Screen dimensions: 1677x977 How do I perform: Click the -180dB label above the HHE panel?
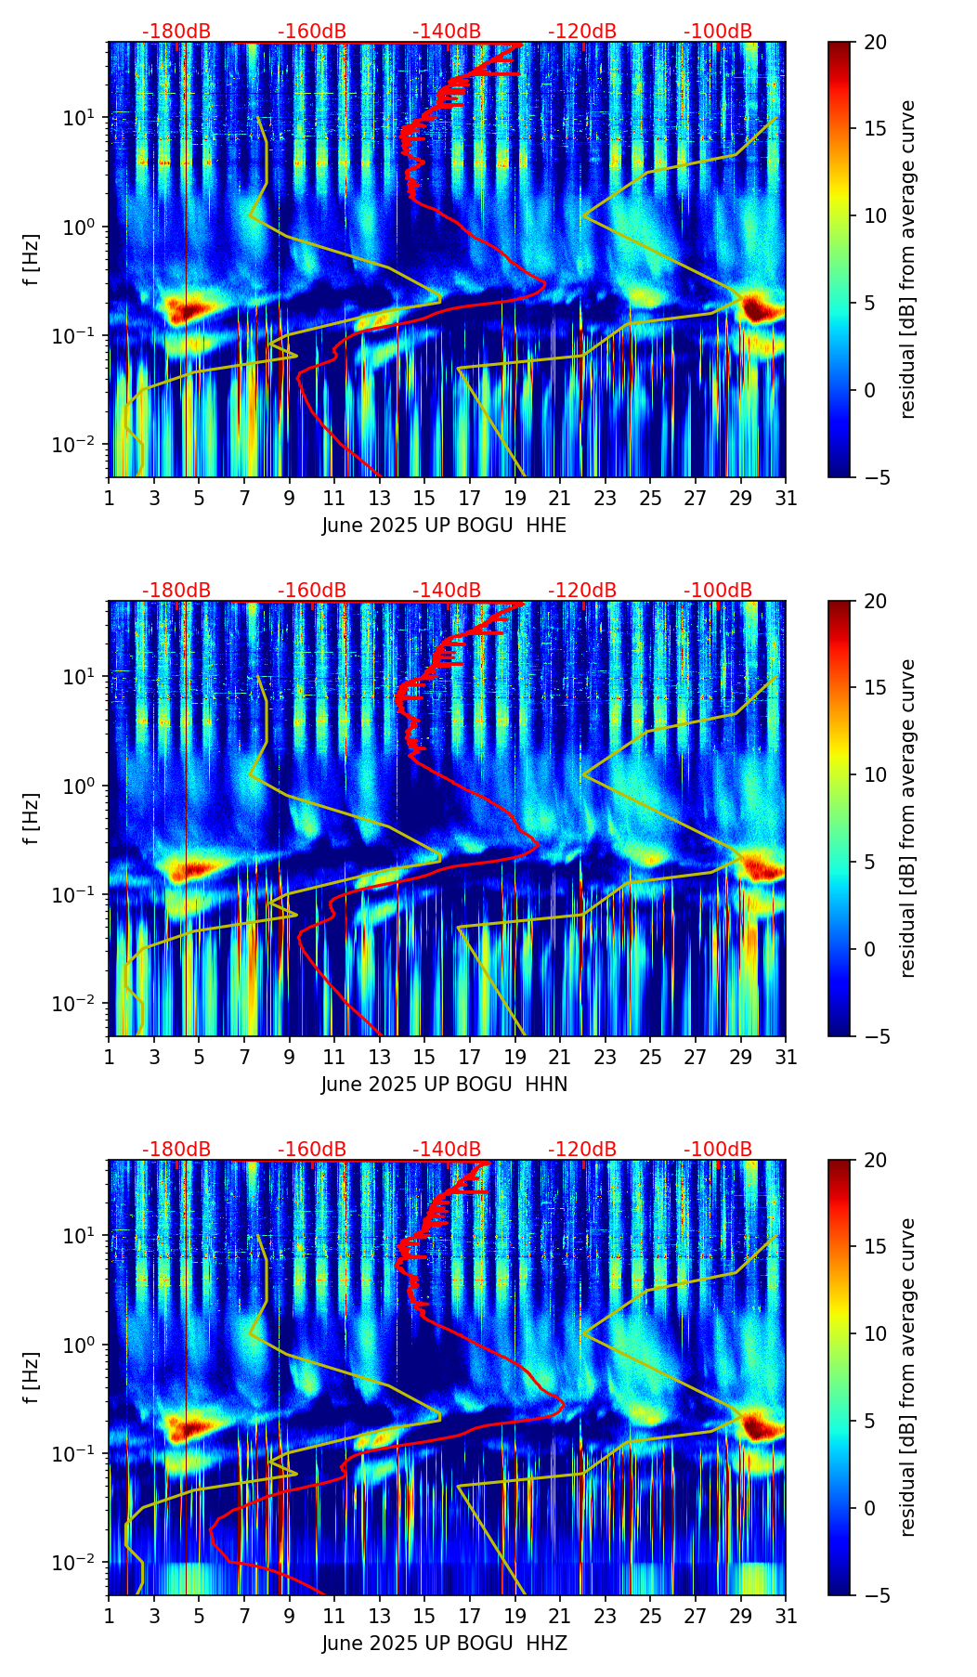(x=176, y=32)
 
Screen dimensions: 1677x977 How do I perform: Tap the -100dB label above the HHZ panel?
(x=718, y=1150)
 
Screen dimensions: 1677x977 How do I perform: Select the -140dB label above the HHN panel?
(x=447, y=591)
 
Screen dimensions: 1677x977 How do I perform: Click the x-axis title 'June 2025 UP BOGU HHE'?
(x=444, y=526)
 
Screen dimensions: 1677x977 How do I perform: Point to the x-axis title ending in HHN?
(x=444, y=1085)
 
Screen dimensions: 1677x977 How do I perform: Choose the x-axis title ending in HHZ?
(x=444, y=1644)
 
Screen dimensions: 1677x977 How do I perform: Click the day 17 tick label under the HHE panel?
(x=469, y=499)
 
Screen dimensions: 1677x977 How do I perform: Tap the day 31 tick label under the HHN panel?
(x=785, y=1058)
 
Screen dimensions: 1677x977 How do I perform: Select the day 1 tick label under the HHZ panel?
(x=109, y=1617)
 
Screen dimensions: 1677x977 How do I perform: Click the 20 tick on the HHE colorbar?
(x=875, y=43)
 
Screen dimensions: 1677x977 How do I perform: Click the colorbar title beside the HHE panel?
(x=908, y=259)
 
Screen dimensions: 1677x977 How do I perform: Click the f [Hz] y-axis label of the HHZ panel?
(x=32, y=1377)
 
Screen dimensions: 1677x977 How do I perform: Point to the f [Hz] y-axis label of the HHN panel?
(x=32, y=818)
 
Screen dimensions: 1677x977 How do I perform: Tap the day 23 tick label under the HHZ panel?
(x=605, y=1617)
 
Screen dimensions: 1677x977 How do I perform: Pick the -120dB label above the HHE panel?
(x=582, y=32)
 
